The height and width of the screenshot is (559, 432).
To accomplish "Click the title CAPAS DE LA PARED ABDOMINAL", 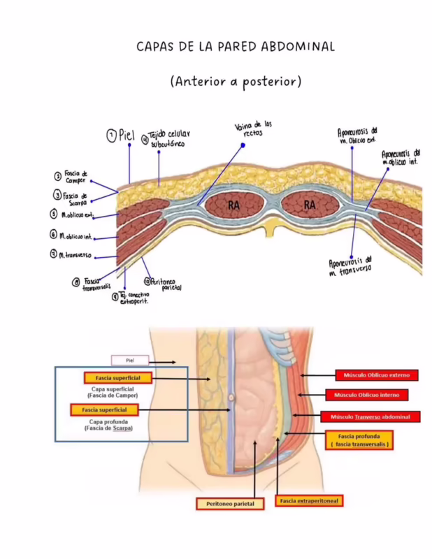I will [235, 47].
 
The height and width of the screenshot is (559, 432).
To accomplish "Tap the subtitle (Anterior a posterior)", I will [235, 82].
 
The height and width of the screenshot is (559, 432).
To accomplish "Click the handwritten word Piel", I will [126, 136].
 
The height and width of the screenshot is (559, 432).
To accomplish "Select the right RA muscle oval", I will [310, 205].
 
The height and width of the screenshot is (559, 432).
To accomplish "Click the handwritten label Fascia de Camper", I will [74, 176].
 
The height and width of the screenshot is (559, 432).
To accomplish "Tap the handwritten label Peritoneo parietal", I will [166, 284].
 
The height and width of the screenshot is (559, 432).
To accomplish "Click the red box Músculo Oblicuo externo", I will [376, 375].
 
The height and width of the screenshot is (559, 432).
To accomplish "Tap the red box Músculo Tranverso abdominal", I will [370, 417].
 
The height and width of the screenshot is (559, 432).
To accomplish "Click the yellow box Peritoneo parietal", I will [230, 503].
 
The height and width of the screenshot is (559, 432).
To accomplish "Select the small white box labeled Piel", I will [130, 361].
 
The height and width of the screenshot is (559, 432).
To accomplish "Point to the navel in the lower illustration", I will [231, 397].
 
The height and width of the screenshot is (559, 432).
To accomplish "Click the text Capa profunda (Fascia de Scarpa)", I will [111, 425].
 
